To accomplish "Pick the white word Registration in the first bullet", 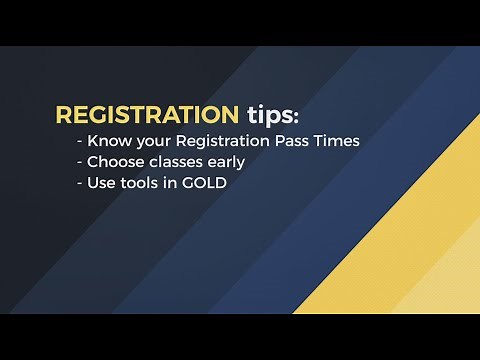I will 226,142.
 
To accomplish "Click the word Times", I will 339,141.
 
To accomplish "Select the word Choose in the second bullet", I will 118,162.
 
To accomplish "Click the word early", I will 226,163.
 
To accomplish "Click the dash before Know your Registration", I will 80,142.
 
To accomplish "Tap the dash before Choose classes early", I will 80,163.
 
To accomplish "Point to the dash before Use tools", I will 80,184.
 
